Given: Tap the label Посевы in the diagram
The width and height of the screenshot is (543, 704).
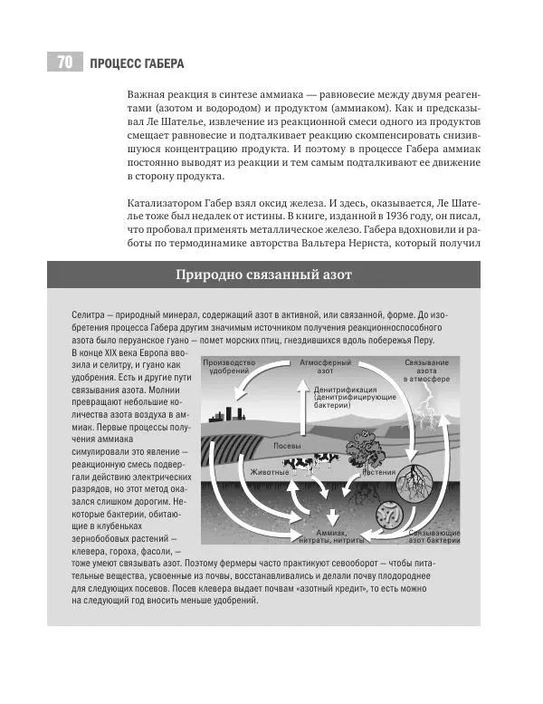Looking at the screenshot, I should [x=288, y=447].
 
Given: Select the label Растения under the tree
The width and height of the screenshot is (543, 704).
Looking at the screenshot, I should [x=379, y=472].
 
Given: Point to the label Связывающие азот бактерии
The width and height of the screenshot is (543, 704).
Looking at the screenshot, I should [x=434, y=536].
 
